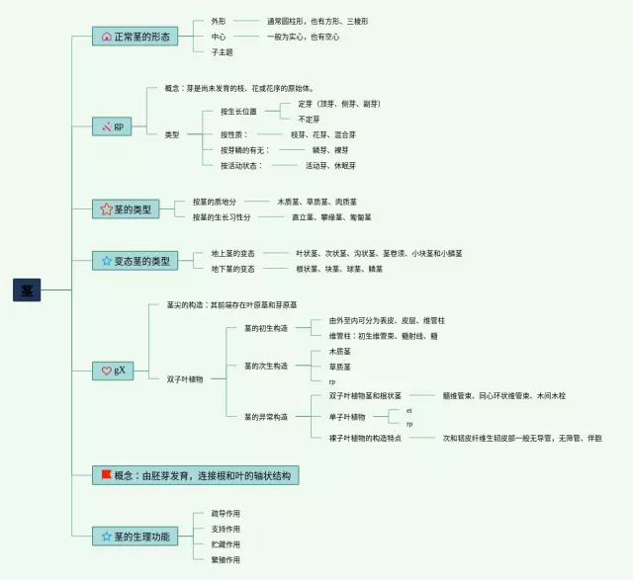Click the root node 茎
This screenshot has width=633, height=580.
27,290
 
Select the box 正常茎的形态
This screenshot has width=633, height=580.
136,37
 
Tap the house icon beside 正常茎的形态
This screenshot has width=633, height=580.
107,37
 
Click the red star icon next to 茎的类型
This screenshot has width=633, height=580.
107,209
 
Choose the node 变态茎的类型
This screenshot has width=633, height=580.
135,261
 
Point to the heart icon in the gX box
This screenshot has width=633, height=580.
107,371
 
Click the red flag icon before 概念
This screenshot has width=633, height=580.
105,475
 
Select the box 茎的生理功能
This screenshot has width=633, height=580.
135,537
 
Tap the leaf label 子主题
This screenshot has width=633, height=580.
222,51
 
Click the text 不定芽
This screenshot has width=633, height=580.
309,119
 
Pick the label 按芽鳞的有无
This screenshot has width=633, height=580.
244,150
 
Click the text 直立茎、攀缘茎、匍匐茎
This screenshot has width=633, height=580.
331,217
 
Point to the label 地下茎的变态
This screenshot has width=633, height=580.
233,269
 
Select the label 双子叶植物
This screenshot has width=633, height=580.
185,378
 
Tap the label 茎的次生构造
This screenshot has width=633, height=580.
266,366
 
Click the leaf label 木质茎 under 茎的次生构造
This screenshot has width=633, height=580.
339,351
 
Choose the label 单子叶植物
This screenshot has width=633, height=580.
347,417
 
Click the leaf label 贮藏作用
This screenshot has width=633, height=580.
226,543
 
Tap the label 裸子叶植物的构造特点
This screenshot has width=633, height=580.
365,438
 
